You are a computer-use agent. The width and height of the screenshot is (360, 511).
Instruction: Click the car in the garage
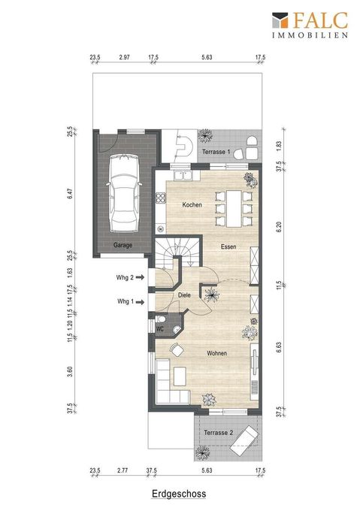coord(123,193)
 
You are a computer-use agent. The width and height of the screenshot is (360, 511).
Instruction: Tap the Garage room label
coord(123,245)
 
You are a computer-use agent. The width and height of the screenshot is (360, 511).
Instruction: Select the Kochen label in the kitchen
coord(192,204)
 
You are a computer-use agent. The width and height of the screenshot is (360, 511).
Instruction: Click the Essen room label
coord(228,246)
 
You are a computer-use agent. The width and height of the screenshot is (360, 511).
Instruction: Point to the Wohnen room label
coord(217,353)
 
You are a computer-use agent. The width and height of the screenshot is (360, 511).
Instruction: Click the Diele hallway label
coord(184,295)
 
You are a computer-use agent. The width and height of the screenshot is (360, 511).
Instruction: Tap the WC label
coord(159,329)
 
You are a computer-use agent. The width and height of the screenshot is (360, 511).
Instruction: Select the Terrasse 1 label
coord(216,152)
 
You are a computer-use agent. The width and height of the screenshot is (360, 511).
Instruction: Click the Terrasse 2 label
coord(218,433)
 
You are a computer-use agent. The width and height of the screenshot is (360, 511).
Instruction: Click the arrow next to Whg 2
coord(140,277)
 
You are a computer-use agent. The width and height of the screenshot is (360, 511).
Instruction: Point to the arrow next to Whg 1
coord(140,302)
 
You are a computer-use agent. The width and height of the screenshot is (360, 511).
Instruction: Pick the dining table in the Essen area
coord(234,209)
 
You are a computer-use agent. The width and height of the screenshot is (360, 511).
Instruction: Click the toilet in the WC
coord(161,319)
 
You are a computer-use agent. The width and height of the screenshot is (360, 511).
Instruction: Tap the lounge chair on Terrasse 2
coord(245,439)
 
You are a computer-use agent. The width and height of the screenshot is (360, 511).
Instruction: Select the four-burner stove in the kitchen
coord(161,198)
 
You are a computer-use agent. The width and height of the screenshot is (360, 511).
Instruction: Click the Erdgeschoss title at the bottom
coord(179,494)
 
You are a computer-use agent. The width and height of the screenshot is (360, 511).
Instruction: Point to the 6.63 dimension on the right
coord(279,348)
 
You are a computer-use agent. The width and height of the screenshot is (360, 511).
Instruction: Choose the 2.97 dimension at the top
coord(125,57)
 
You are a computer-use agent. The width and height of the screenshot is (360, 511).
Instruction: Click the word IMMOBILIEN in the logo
coord(310,35)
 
